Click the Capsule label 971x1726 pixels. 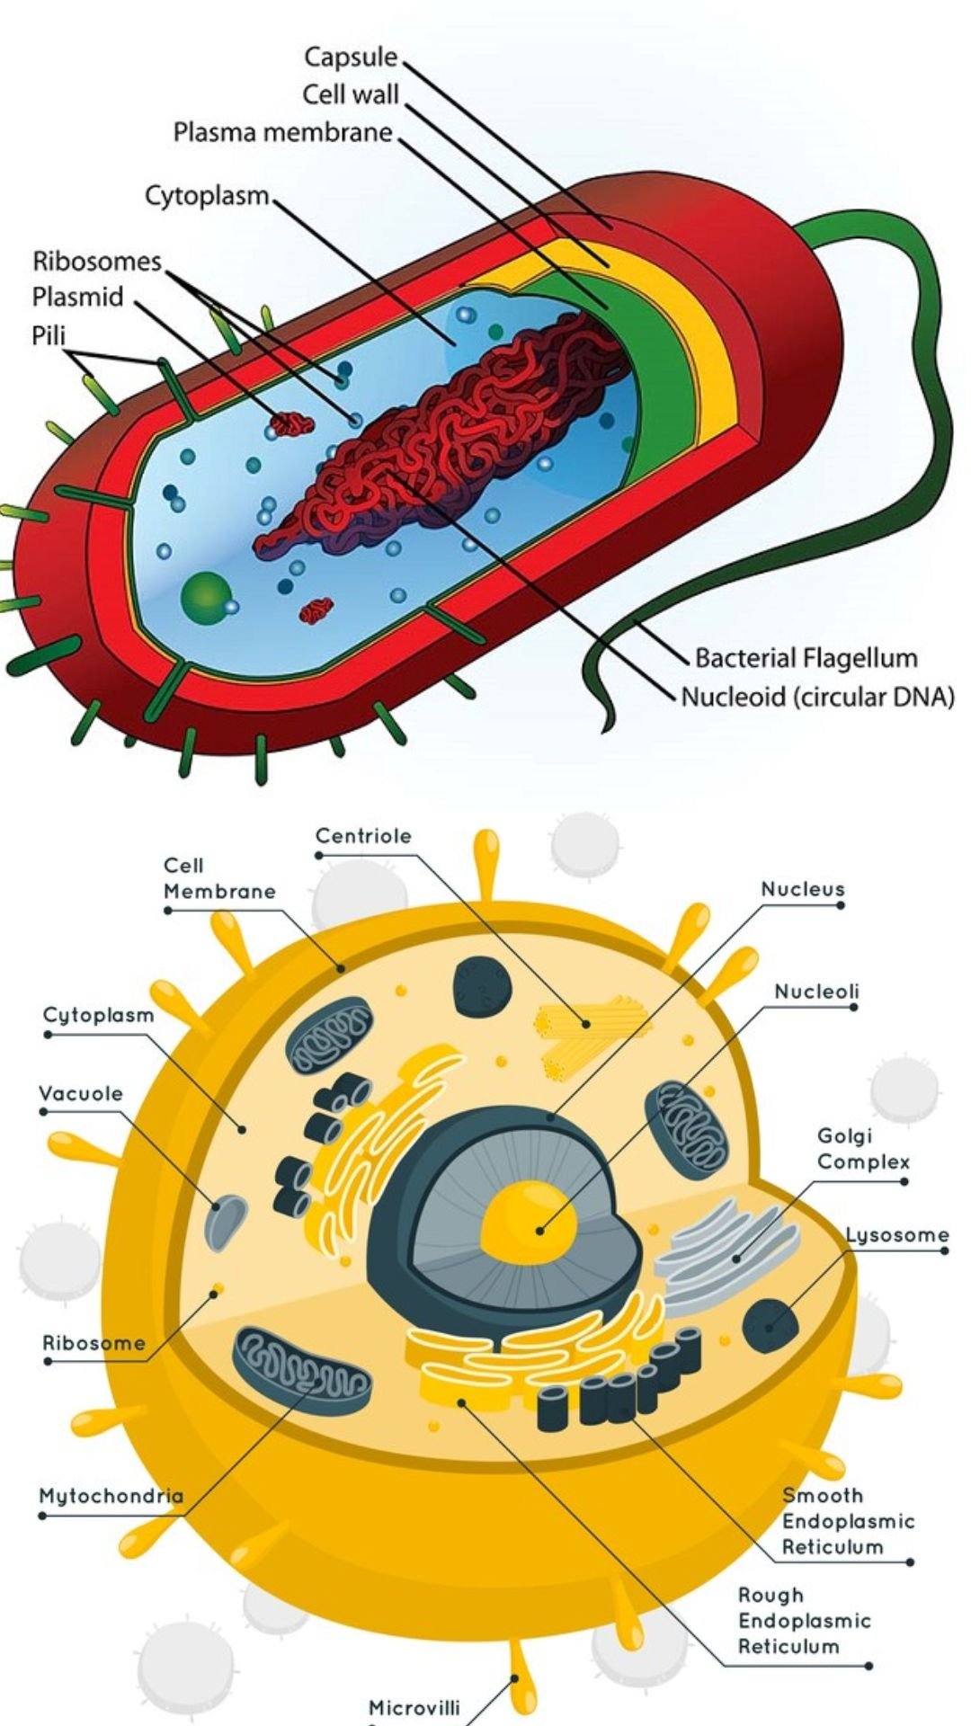(x=351, y=58)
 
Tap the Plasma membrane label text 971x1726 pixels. (x=283, y=133)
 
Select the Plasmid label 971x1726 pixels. (x=77, y=297)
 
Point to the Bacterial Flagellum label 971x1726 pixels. (x=806, y=658)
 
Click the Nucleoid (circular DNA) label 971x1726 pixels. (x=817, y=697)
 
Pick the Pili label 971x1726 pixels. (x=49, y=335)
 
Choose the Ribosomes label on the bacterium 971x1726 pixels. (x=97, y=261)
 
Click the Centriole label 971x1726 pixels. (x=363, y=836)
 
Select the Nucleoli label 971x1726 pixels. (x=816, y=992)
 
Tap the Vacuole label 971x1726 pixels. (x=81, y=1094)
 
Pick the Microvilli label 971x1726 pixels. (x=414, y=1707)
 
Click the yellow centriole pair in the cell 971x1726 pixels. (x=591, y=1035)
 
